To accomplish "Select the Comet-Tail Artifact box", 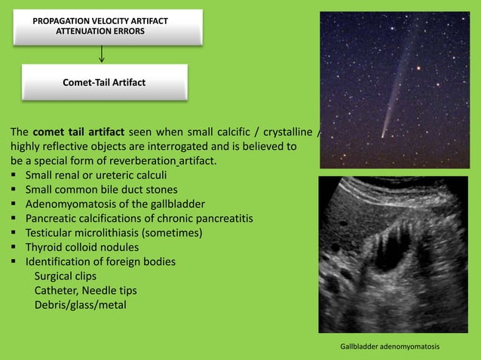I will click(104, 82).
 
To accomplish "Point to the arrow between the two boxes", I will click(102, 53).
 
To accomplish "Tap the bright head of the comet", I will click(383, 136).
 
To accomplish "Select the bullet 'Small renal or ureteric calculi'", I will click(96, 175).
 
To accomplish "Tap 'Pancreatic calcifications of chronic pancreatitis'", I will click(139, 218).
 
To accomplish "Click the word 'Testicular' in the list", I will click(50, 233).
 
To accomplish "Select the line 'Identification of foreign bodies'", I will click(100, 261).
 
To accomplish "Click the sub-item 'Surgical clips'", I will click(66, 276).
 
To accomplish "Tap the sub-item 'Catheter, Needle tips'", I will click(85, 290).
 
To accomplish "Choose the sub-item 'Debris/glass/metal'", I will click(80, 304).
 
